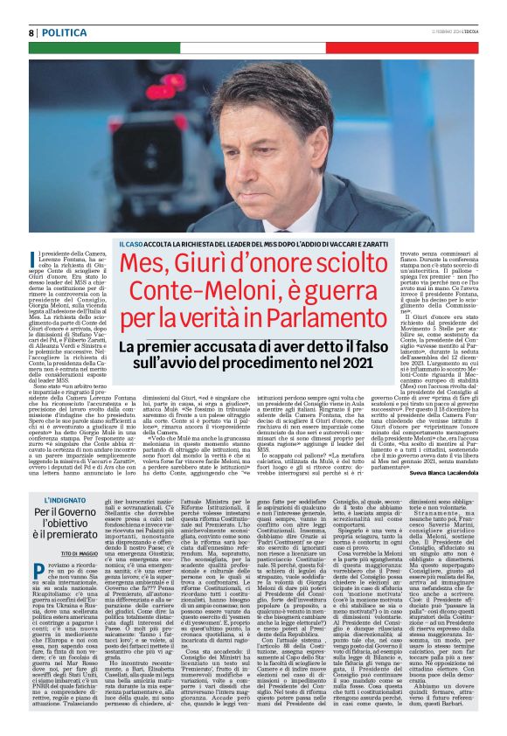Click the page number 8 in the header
[x=31, y=32]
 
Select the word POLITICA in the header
[x=65, y=32]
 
